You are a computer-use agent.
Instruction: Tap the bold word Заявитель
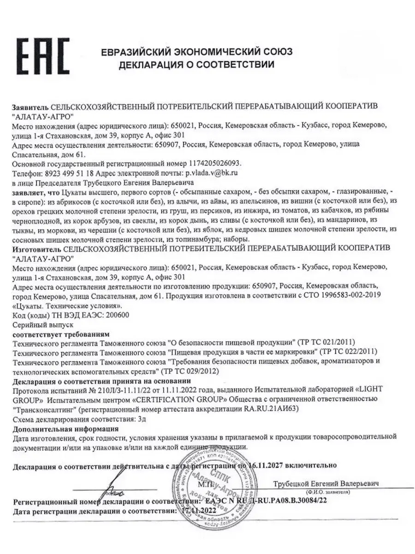point(30,106)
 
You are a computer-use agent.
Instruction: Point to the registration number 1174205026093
point(216,164)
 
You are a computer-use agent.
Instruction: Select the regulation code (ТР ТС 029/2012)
point(189,371)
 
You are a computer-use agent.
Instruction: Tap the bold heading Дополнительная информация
point(65,428)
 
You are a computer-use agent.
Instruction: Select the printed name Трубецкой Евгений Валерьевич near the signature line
point(326,483)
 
